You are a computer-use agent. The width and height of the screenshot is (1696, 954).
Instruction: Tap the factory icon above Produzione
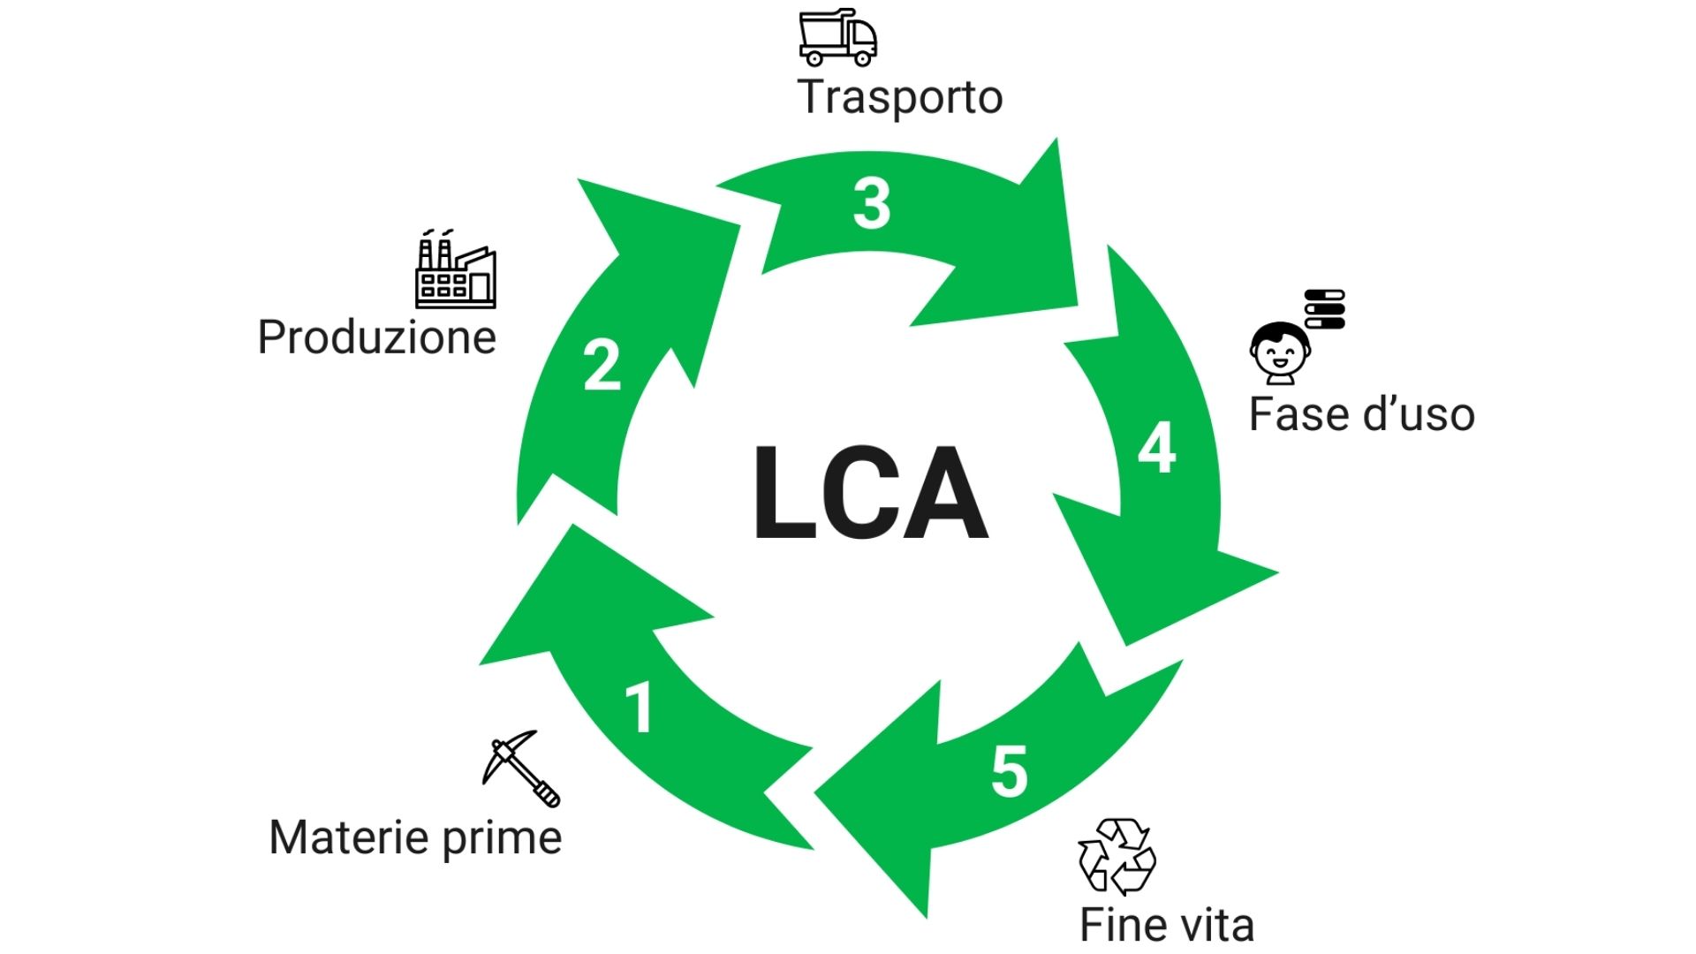click(456, 269)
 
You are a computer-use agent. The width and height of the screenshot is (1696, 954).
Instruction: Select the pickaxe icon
click(521, 768)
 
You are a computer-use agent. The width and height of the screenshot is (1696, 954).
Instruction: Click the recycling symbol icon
click(1117, 856)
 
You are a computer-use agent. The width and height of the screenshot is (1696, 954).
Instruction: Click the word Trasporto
click(900, 97)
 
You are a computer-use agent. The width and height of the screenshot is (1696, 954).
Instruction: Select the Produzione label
click(377, 337)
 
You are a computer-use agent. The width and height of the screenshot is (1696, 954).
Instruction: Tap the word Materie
click(349, 837)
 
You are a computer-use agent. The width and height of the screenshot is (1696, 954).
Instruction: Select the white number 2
click(602, 365)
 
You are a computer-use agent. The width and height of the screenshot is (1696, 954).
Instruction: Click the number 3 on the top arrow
click(872, 204)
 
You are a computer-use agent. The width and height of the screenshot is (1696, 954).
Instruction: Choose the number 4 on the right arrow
click(1156, 448)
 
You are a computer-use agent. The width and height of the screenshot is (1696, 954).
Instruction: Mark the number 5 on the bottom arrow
click(1010, 771)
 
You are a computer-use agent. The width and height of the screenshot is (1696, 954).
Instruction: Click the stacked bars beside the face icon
click(1325, 309)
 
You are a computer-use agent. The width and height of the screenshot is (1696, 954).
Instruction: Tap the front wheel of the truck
click(862, 59)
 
